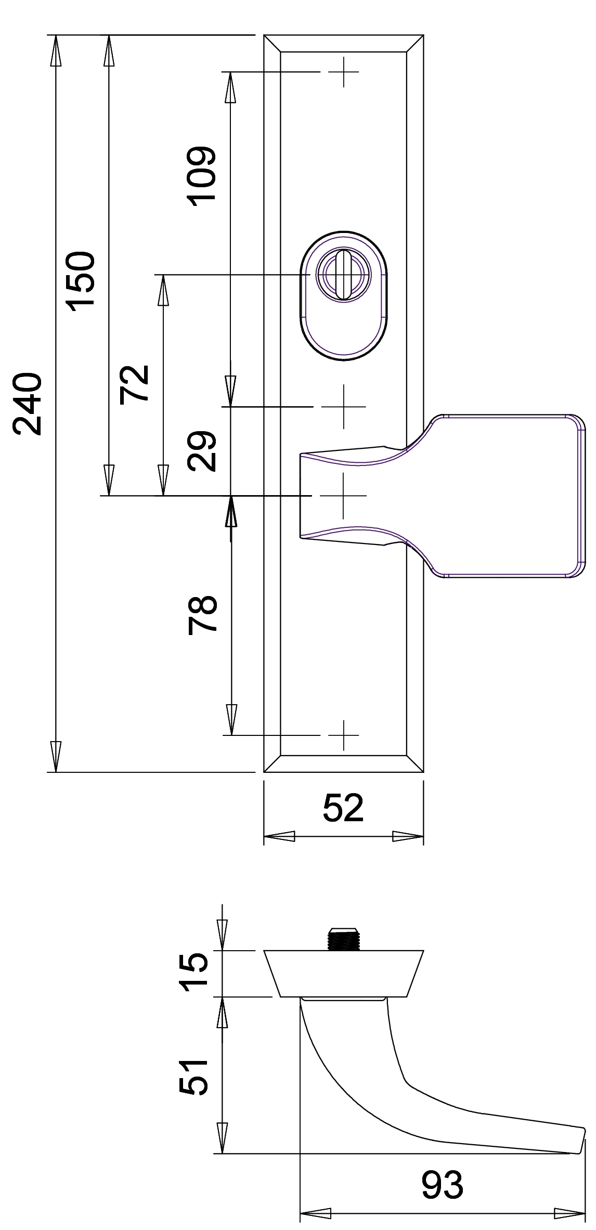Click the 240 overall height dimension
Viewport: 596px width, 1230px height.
coord(27,404)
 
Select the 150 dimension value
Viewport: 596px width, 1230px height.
coord(82,281)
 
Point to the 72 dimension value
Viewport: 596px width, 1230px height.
coord(134,384)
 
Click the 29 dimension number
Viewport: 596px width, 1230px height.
coord(202,451)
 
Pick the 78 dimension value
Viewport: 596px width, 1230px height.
coord(202,614)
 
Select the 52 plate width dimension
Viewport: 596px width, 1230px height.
coord(343,808)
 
